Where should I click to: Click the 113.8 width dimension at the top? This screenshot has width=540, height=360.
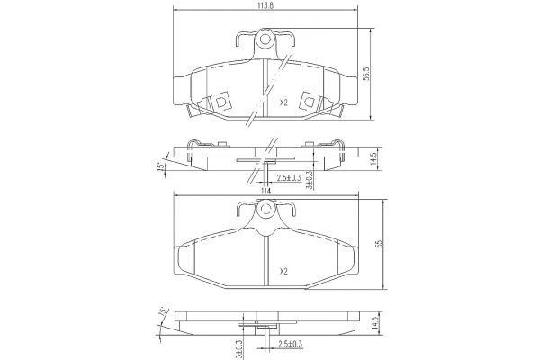(x=265, y=6)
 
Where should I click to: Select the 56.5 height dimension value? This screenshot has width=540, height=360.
(x=366, y=74)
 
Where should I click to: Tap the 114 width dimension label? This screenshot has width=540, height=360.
(x=265, y=191)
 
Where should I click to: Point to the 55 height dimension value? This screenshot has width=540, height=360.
(x=380, y=244)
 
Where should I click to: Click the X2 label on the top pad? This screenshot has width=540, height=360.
(x=283, y=103)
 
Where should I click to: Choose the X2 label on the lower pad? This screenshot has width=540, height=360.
(x=283, y=272)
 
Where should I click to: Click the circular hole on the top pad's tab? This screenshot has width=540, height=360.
(x=265, y=40)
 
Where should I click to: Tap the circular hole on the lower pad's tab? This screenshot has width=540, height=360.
(x=265, y=209)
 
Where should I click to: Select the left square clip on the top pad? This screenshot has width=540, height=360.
(x=220, y=101)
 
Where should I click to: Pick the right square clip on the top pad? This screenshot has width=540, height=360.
(x=309, y=101)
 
